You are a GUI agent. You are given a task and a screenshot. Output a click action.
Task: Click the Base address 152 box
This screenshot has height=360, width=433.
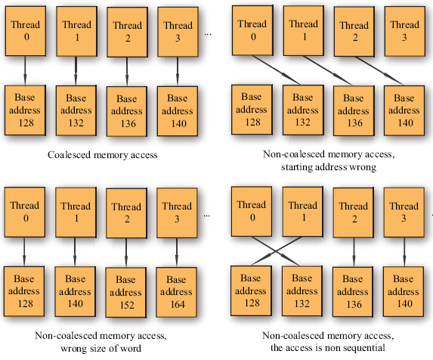pos(126,292)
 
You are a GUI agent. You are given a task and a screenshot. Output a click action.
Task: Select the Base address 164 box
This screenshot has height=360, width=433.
pos(177,292)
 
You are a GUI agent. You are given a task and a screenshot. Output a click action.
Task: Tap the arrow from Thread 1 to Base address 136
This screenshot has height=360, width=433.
pos(327,70)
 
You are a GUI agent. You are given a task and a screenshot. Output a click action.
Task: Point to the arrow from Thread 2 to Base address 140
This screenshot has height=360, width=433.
pos(379,71)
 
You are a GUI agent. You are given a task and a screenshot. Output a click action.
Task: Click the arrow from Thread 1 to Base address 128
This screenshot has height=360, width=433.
pos(277,251)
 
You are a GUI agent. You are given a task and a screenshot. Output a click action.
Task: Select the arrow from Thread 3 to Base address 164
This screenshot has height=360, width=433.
pos(177,253)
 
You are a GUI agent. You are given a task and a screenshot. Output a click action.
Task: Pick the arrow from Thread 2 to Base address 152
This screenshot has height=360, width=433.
pos(126,253)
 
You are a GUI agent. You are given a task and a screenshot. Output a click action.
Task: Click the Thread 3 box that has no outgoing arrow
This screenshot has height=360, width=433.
pos(404,32)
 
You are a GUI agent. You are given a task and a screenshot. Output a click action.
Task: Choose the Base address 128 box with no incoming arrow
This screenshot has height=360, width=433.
pos(252,110)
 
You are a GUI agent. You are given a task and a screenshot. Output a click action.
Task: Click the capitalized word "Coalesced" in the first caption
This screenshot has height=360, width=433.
pos(69,155)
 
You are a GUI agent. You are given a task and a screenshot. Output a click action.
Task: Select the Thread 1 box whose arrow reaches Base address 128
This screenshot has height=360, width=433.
pos(303,212)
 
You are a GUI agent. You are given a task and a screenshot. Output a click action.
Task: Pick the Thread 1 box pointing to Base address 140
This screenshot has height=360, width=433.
pos(76,213)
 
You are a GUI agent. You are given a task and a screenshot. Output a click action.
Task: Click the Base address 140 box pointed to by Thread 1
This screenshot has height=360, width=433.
pos(76,292)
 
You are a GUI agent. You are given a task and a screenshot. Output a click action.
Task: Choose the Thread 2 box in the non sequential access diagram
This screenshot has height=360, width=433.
pos(354,213)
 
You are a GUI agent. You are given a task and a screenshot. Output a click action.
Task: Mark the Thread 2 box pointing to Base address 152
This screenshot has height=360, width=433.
pos(126,213)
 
